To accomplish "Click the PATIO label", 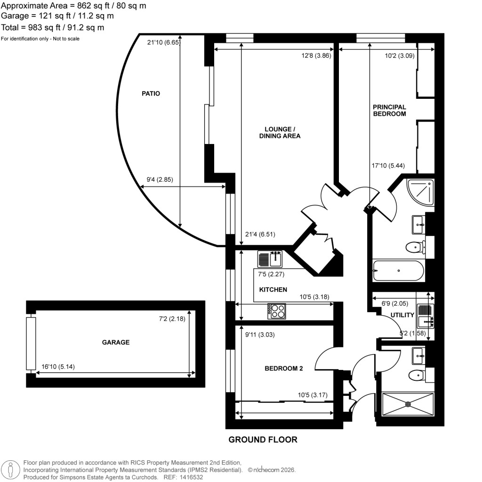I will [151, 94].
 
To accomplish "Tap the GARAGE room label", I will [116, 342].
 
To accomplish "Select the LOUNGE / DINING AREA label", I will [280, 132].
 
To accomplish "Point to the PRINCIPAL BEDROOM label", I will [389, 110].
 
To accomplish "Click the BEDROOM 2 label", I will [283, 369].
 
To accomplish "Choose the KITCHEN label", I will [273, 289].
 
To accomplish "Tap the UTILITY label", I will [402, 315].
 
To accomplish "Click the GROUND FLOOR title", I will [263, 440].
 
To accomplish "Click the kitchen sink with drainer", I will [270, 258].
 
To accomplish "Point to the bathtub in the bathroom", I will [398, 271].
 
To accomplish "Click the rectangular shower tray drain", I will [408, 404].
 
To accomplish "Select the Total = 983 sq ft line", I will [53, 27].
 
